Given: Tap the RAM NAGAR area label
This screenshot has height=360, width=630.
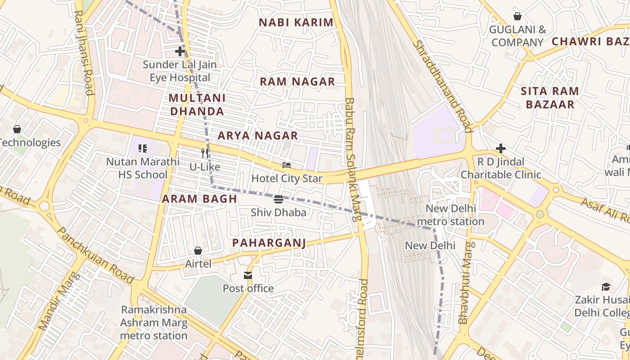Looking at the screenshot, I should coord(297,81).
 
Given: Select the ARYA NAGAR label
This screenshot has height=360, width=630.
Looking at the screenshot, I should coord(258,135).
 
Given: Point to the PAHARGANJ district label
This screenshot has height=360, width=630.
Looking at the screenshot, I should coord(269,243).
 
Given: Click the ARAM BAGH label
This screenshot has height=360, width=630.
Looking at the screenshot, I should coord(199,199).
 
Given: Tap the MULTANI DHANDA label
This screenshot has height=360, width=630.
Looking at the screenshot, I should coord(197,104).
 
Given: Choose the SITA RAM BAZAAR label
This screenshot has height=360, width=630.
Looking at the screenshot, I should coord(550,98).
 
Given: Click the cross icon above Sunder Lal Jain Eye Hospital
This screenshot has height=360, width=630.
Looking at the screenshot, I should coord(180,51).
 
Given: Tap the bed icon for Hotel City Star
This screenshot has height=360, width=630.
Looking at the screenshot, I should coord(287,165).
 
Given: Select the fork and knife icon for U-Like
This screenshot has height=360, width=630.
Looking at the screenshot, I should coord(205,153).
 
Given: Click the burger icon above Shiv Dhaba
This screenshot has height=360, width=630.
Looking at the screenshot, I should coord(279,199).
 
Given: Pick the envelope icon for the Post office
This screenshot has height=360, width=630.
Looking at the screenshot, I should coord(248,275).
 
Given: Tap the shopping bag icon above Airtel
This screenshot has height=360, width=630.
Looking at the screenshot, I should coord(198,250).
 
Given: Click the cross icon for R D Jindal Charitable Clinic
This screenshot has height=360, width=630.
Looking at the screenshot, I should coord(501,148).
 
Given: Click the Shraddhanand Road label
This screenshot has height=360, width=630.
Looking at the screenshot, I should coord(443,86).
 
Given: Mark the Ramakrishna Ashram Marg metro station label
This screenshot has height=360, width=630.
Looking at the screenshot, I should coord(153,323).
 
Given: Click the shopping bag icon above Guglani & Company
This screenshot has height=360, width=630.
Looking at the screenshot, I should coord(517,16).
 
